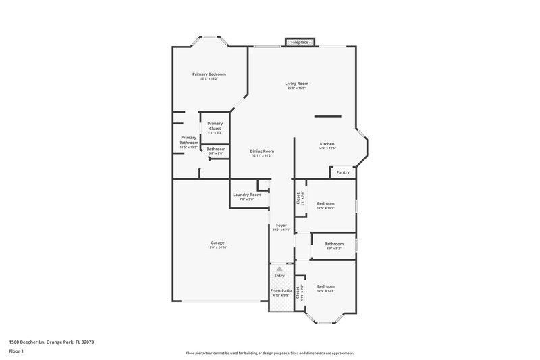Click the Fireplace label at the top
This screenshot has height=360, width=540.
(300, 43)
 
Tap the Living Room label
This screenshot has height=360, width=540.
(296, 83)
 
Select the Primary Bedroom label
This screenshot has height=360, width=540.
(209, 74)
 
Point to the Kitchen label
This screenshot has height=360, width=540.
(327, 144)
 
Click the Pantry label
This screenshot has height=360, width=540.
(343, 172)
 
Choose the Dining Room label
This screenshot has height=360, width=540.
(262, 151)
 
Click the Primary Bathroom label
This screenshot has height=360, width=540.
(188, 140)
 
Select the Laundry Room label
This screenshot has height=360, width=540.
(246, 195)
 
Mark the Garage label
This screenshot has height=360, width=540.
(217, 242)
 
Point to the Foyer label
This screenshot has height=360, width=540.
(281, 225)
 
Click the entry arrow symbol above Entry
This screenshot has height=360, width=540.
(279, 269)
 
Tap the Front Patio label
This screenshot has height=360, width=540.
(281, 290)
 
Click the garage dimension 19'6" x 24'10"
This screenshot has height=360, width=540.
(217, 247)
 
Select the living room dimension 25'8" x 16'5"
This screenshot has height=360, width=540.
(296, 88)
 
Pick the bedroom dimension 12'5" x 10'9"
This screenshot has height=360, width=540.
(326, 207)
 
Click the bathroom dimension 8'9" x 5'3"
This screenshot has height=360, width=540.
(333, 249)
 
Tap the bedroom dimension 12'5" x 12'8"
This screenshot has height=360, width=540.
(326, 291)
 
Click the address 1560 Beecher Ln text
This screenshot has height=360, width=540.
(51, 342)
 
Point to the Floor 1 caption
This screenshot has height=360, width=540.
(17, 351)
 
